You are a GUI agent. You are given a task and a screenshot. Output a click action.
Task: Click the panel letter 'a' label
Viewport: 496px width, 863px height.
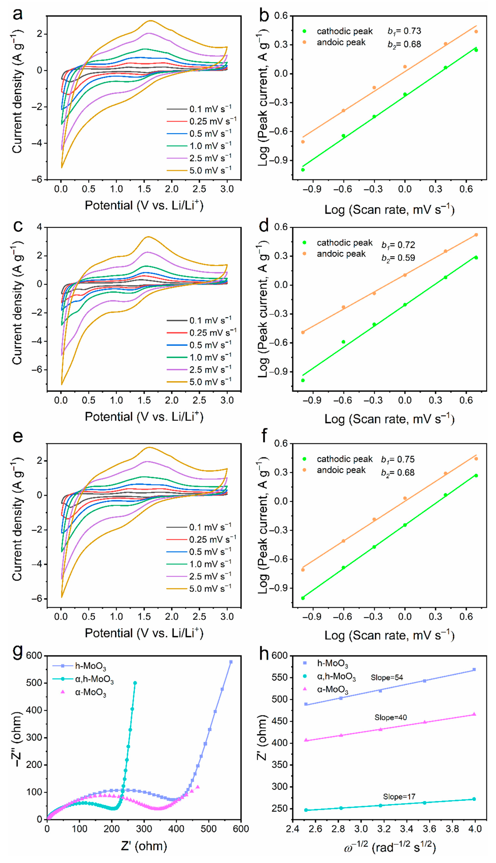pos(18,14)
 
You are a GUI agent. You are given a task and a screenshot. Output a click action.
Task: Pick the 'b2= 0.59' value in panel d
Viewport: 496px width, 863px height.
pos(398,258)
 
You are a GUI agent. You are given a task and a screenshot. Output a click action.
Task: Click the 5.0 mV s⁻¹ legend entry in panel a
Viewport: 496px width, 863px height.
pos(199,170)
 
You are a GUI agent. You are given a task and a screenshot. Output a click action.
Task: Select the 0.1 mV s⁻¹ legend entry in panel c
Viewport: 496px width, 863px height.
pos(199,321)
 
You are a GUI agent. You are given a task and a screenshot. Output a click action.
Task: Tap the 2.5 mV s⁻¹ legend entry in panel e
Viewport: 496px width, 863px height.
pos(199,576)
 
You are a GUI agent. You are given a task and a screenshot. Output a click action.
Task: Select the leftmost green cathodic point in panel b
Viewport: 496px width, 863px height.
pos(303,170)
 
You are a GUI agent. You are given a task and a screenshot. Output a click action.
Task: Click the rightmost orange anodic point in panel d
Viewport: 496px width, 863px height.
pos(476,235)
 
